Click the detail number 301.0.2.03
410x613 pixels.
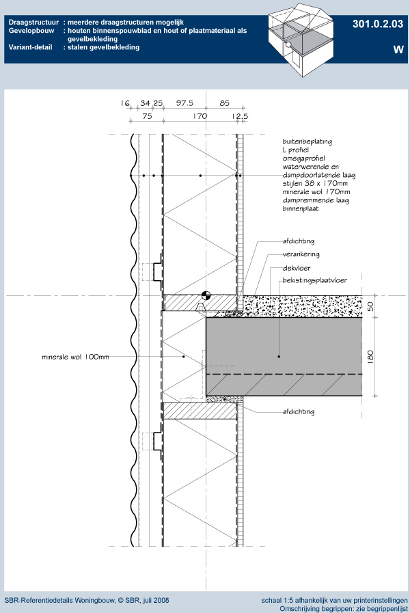378,24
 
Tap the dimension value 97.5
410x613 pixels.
184,103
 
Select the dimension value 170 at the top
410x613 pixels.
200,116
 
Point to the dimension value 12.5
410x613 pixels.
240,116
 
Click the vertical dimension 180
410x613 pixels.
370,356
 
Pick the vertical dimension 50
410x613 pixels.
370,306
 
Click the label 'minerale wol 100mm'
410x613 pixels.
75,357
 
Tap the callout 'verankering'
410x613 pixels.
301,254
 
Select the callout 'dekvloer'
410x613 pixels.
297,268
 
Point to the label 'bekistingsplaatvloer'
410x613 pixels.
314,280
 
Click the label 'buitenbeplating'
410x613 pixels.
307,141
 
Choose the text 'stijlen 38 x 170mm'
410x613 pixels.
315,183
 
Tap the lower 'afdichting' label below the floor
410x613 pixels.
298,411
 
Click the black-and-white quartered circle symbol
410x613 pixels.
206,295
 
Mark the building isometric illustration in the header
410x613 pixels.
301,40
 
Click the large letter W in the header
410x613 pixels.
398,49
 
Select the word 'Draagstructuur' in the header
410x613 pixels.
33,23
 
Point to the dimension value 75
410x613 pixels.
147,116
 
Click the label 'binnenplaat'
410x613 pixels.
301,208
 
